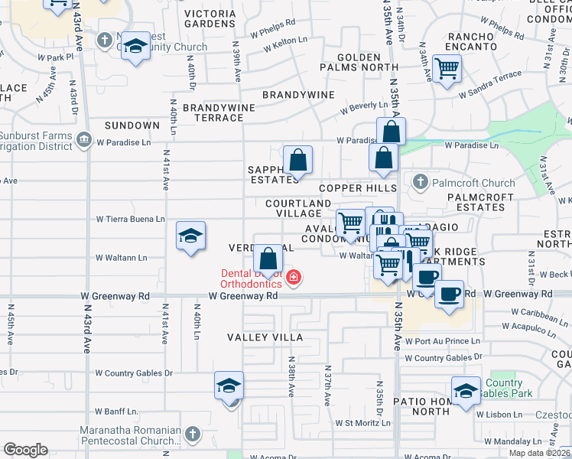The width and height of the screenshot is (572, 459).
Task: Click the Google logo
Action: (x=26, y=449)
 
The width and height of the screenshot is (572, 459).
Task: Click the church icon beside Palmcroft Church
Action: (x=419, y=182)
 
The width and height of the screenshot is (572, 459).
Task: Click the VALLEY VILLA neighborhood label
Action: (x=265, y=337)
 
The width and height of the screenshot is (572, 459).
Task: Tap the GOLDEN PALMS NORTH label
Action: (x=359, y=63)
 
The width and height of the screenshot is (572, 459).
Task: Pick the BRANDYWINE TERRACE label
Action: (x=218, y=112)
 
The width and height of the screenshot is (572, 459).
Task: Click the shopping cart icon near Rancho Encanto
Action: (x=447, y=67)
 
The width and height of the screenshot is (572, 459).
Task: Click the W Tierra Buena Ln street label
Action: (x=130, y=219)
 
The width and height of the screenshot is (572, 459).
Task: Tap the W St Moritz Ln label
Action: (x=363, y=422)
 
